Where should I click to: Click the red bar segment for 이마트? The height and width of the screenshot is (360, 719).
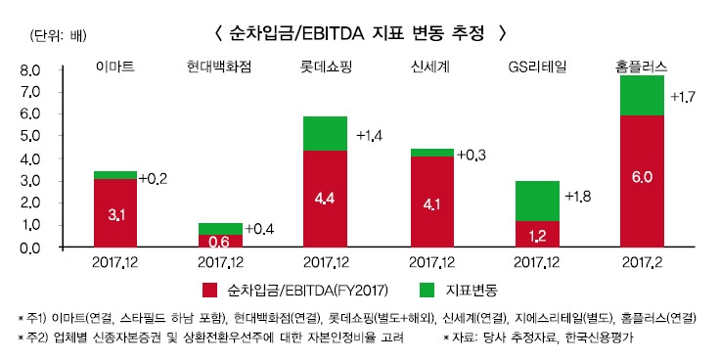(x=115, y=213)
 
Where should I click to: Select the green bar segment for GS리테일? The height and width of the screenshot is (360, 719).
(x=537, y=201)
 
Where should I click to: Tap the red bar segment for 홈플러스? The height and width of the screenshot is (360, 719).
(x=643, y=181)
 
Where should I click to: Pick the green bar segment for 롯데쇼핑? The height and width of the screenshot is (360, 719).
(x=326, y=133)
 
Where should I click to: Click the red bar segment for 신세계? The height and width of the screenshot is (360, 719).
(x=431, y=202)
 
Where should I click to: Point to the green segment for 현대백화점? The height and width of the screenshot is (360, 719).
(x=220, y=229)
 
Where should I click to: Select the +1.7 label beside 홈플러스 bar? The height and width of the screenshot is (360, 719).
(x=683, y=98)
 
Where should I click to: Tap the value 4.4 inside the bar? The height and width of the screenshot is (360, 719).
(x=326, y=199)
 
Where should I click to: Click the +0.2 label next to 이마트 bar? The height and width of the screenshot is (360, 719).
(x=154, y=179)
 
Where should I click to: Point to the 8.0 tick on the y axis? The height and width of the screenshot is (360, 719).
(x=28, y=70)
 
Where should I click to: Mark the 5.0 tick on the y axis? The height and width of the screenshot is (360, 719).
(x=28, y=137)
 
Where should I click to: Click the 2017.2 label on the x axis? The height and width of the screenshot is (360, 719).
(x=643, y=263)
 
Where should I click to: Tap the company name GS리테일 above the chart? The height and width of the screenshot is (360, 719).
(x=537, y=67)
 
